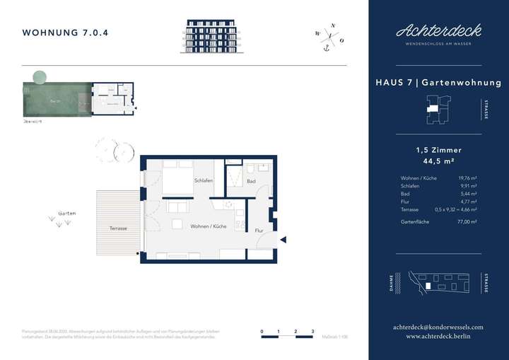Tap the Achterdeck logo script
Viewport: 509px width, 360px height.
(x=438, y=30)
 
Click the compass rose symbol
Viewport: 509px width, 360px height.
(x=330, y=35)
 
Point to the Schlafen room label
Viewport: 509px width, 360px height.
(x=204, y=181)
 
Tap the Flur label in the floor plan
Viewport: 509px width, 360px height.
(x=259, y=231)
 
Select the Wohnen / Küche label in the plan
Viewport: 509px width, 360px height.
(x=209, y=226)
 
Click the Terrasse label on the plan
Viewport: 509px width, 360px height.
(x=118, y=228)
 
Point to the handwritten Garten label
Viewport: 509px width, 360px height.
(x=68, y=213)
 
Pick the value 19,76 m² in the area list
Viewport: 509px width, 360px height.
(x=467, y=178)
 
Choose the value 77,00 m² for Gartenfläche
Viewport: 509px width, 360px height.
(x=467, y=222)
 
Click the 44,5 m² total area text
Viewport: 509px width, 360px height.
(x=438, y=161)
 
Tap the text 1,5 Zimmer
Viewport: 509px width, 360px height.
(x=438, y=150)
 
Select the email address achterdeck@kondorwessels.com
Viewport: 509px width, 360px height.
(x=438, y=327)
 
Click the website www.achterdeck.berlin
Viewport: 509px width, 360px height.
(x=438, y=337)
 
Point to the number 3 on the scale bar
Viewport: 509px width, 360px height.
(x=312, y=331)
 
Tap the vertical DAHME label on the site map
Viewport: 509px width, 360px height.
(x=391, y=284)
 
